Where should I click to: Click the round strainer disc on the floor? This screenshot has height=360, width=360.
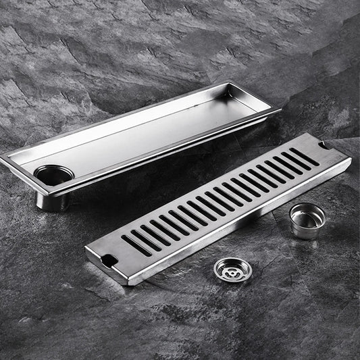pyautogui.click(x=232, y=270)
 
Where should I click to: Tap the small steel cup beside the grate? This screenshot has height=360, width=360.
pyautogui.click(x=307, y=221)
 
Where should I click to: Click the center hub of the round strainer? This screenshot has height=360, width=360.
pyautogui.click(x=232, y=269)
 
